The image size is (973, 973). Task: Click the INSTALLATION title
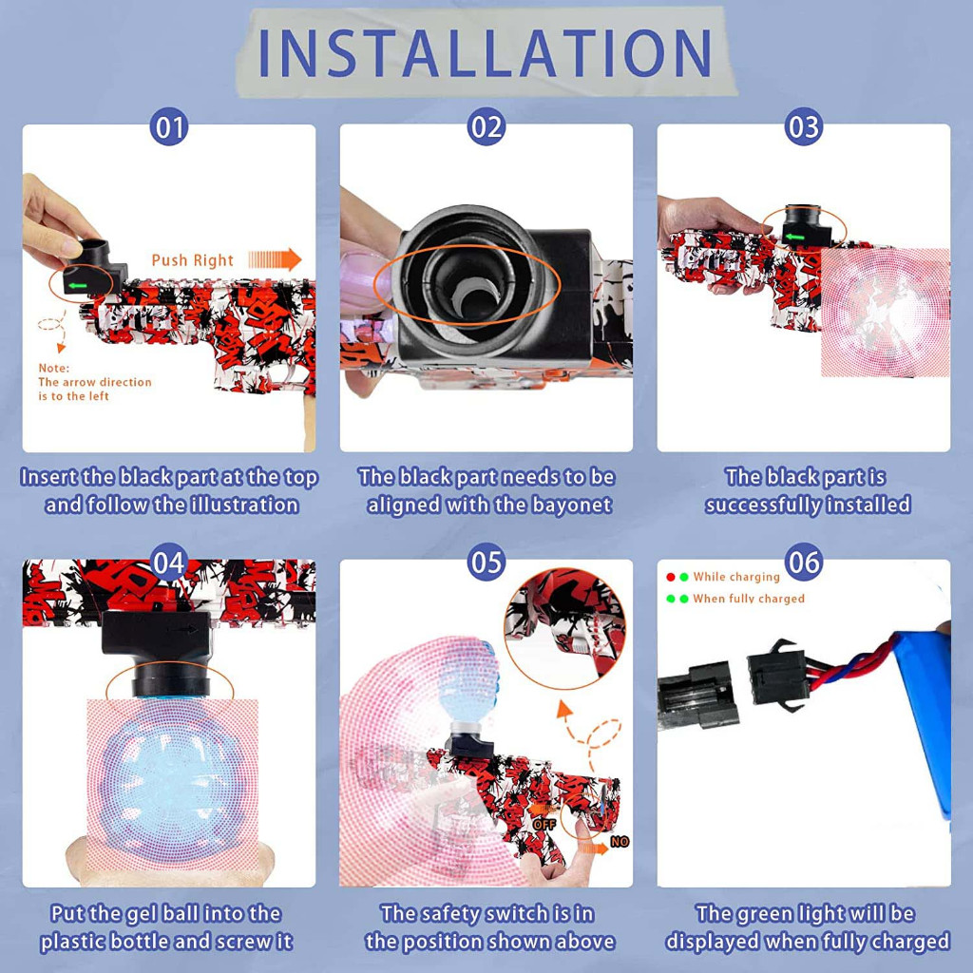tap(484, 53)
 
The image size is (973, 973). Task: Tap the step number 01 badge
tap(169, 127)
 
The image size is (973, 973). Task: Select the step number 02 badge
tap(486, 127)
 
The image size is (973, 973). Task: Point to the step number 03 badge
tap(804, 127)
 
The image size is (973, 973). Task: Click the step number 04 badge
tap(169, 563)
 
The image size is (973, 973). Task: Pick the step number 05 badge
tap(486, 563)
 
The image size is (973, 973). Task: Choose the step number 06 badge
tap(804, 563)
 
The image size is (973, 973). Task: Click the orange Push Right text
tap(192, 260)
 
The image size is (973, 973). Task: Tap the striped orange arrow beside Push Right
tap(275, 259)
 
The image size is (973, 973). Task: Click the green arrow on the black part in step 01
tap(78, 285)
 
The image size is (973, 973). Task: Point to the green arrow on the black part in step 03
tap(794, 237)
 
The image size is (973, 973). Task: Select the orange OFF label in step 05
tap(544, 825)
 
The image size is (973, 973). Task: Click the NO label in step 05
tap(620, 842)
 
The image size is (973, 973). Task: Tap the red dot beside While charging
tap(670, 577)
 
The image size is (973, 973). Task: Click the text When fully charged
tap(749, 599)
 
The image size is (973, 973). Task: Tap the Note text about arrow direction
tap(94, 382)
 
